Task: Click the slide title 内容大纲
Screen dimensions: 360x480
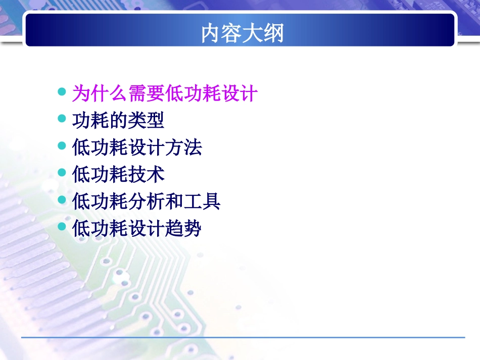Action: coord(242,33)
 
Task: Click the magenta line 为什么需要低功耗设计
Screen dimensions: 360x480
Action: coord(165,93)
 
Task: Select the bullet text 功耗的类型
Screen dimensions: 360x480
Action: coord(118,121)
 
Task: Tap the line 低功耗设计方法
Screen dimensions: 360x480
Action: coord(137,148)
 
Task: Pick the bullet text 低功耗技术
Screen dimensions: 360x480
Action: coord(118,175)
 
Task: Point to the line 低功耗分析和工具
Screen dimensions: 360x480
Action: coord(146,202)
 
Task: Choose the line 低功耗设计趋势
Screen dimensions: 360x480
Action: coord(137,229)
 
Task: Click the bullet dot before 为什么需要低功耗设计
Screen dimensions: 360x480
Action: coord(62,92)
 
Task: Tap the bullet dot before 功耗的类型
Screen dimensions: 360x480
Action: coord(62,119)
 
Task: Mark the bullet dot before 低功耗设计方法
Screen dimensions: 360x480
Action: coord(62,146)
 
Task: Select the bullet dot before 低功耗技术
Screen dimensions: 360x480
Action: coord(62,173)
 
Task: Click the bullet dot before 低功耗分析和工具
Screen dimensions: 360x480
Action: coord(62,200)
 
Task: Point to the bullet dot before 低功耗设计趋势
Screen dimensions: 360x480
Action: coord(62,227)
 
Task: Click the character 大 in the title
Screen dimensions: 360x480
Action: coord(253,33)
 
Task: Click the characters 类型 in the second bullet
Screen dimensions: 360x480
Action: coord(146,121)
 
